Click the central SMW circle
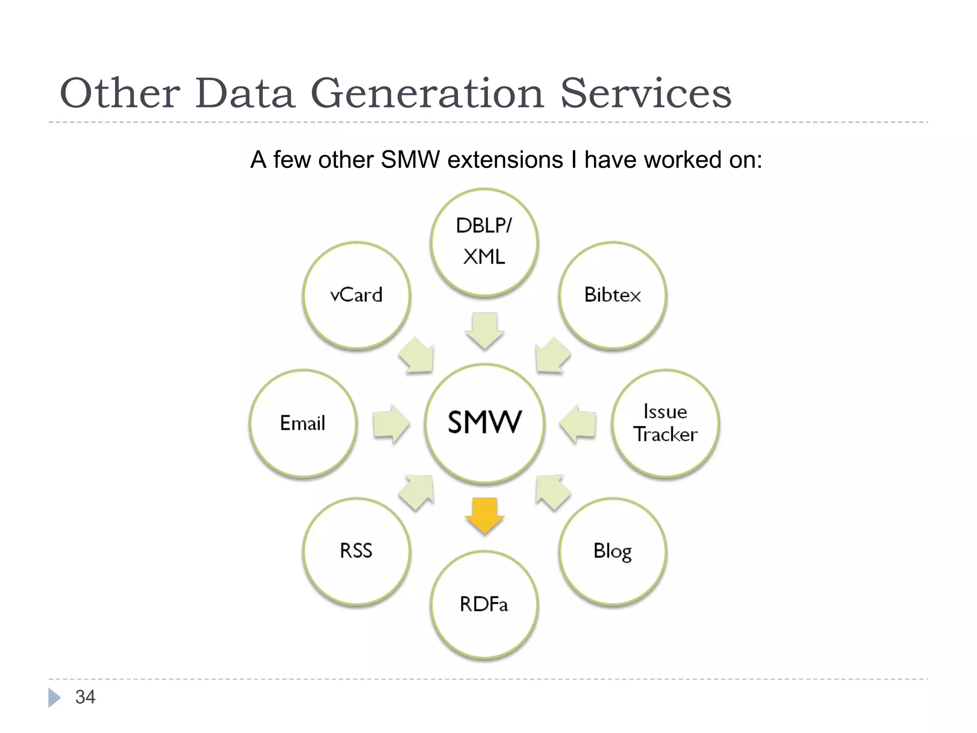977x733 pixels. pos(484,423)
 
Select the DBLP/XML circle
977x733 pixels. pos(484,242)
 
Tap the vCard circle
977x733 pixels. pos(356,295)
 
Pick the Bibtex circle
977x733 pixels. pos(613,295)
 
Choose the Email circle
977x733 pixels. pos(303,423)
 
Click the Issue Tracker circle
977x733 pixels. pos(665,423)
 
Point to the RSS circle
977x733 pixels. pos(356,551)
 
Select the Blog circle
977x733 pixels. pos(613,551)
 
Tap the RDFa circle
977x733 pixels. pos(484,605)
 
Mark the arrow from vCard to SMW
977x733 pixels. pos(417,356)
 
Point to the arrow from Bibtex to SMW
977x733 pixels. pos(552,356)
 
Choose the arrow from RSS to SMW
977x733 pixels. pos(417,492)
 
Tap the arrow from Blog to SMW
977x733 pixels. pos(552,492)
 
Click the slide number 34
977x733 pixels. pos(85,697)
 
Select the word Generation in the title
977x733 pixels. pos(427,93)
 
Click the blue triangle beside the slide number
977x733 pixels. pos(54,697)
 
